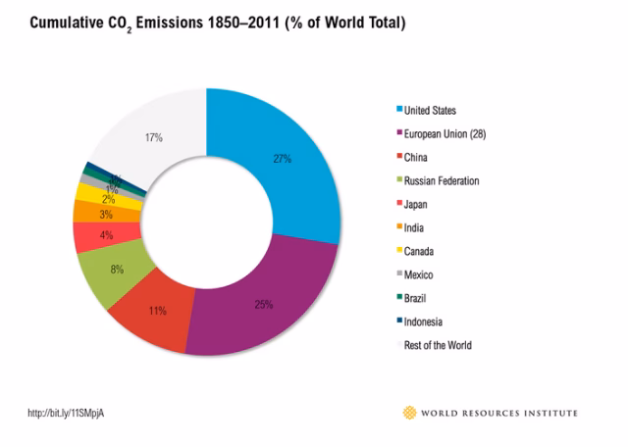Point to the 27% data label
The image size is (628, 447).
(282, 159)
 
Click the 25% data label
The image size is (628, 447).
(263, 305)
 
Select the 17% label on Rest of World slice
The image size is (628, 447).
(154, 138)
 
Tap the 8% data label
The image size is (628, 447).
(117, 269)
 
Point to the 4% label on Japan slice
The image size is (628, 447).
(105, 235)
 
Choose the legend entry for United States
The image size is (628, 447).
(430, 111)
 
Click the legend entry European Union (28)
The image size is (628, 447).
(450, 134)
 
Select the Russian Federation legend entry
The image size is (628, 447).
(442, 181)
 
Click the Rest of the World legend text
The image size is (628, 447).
(438, 345)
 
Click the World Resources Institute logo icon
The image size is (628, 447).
(410, 413)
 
